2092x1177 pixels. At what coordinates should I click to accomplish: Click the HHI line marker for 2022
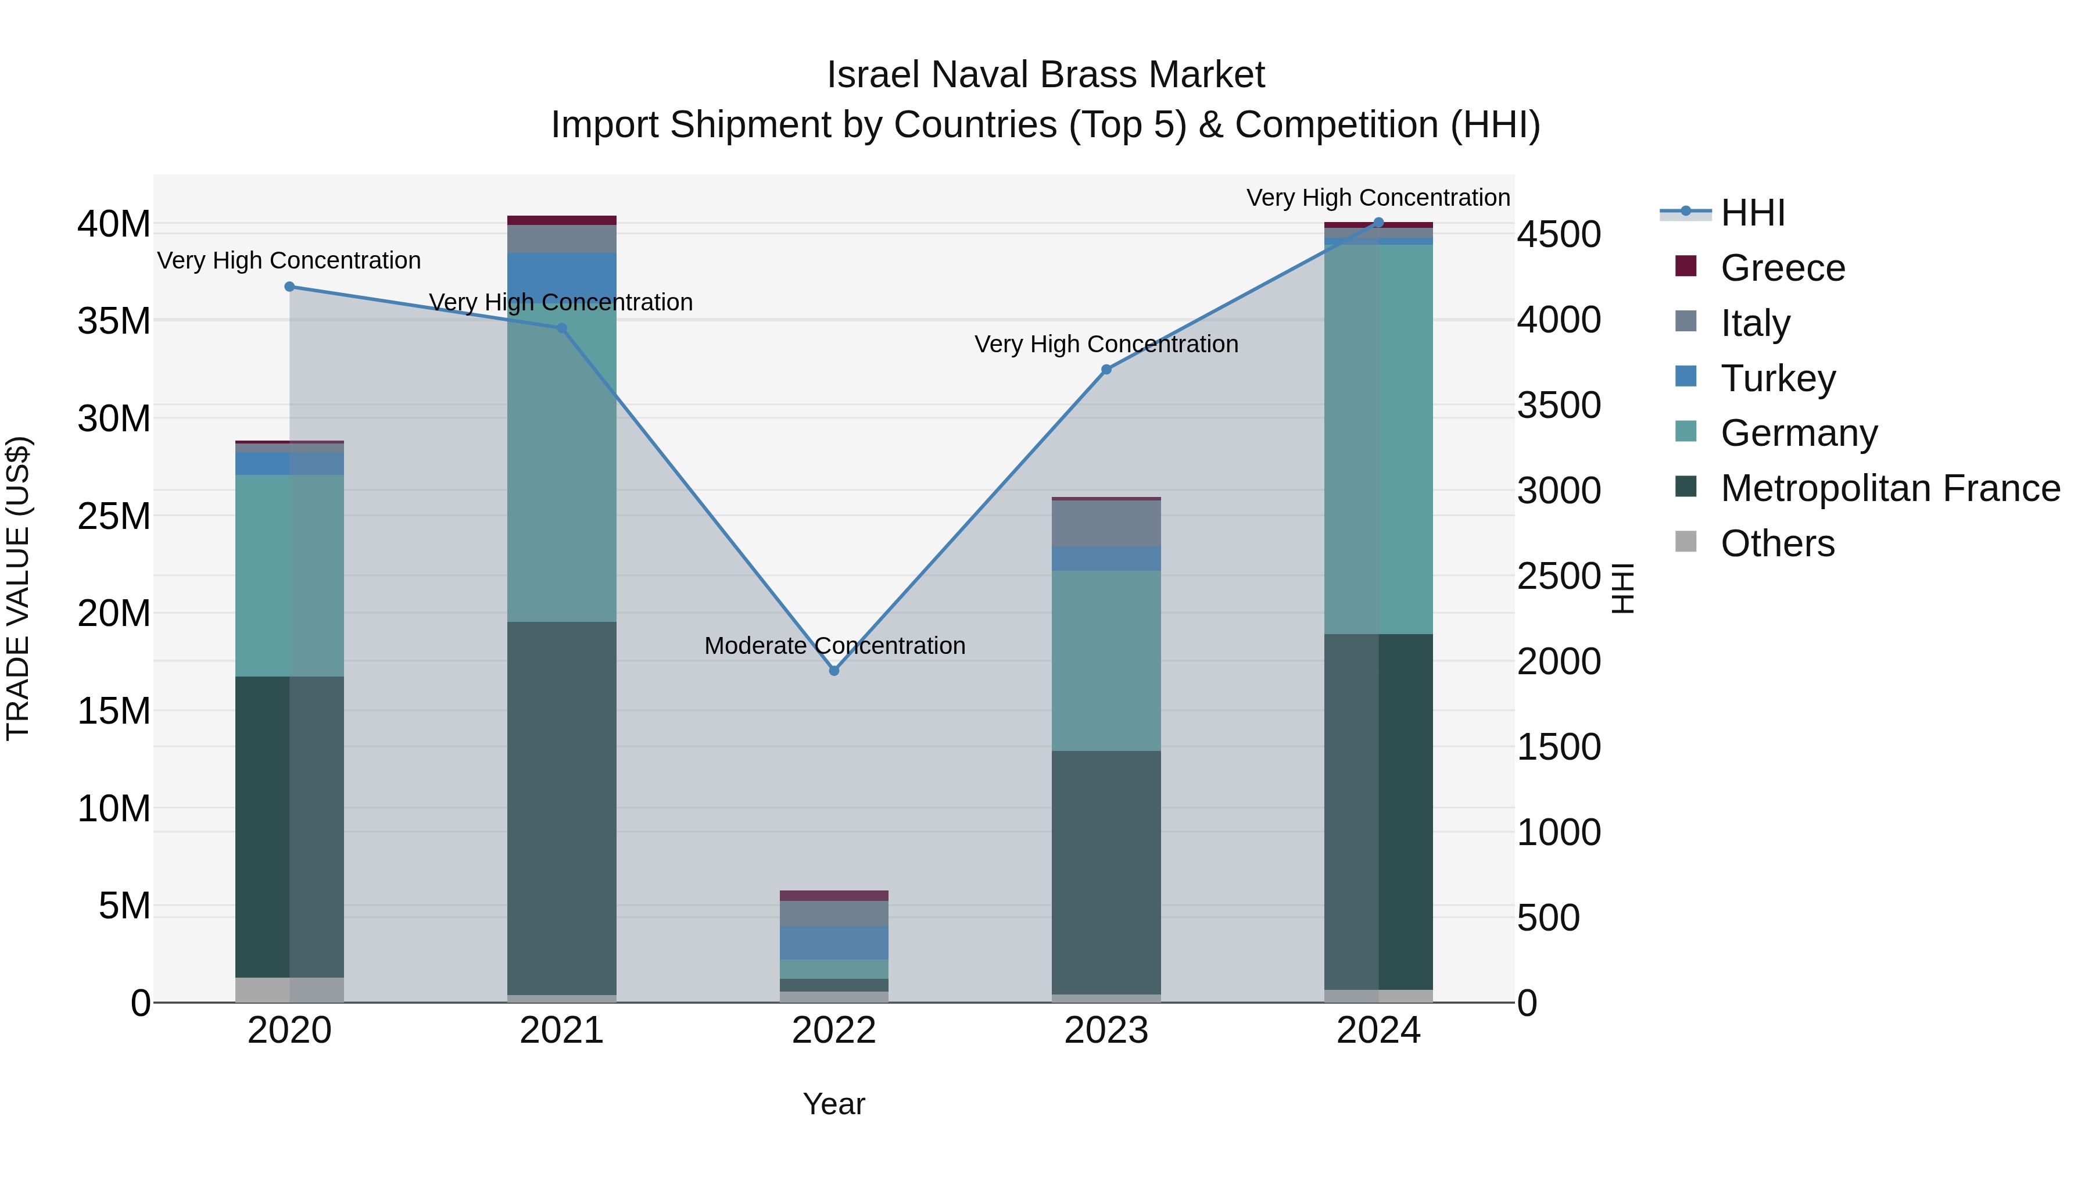[834, 670]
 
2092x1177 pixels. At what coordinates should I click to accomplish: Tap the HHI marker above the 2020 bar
[290, 287]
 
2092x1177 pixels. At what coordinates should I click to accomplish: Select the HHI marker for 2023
[1106, 370]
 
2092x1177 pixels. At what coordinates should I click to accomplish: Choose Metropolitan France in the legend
[1889, 488]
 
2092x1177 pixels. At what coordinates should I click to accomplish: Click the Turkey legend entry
[1777, 378]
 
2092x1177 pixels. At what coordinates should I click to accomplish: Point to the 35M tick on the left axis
[114, 321]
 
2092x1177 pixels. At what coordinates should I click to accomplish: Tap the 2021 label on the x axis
[561, 1031]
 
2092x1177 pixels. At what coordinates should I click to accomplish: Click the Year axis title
[834, 1104]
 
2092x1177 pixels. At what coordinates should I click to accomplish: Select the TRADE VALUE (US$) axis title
[18, 588]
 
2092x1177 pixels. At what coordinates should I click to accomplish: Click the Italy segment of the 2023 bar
[1106, 523]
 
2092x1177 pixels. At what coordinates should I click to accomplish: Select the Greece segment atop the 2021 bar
[561, 220]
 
